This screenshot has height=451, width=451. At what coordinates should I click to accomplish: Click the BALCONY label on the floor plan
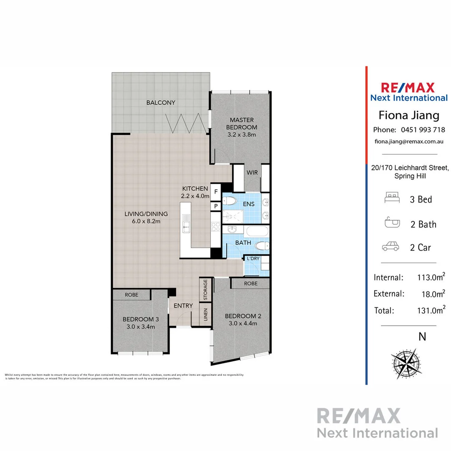coord(161,103)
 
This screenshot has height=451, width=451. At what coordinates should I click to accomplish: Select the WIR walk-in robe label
coord(252,172)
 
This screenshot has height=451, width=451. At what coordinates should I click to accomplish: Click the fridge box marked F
coord(216,192)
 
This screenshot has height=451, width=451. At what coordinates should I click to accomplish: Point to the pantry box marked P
coord(216,206)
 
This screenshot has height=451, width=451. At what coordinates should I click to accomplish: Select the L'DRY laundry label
coord(253,258)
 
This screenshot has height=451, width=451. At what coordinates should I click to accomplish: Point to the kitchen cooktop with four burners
coord(216,227)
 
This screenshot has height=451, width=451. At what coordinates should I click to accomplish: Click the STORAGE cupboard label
coord(205,290)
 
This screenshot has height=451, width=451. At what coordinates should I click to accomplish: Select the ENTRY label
coord(183,306)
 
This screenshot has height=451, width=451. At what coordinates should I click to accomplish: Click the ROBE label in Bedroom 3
coord(131,294)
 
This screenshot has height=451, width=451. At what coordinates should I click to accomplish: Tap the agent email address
coord(409,142)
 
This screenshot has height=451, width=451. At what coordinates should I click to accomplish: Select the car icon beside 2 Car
coord(390,247)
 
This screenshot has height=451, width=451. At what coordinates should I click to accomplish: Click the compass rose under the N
coord(405,362)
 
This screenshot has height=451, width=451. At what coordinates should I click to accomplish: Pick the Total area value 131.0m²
coord(430,310)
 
